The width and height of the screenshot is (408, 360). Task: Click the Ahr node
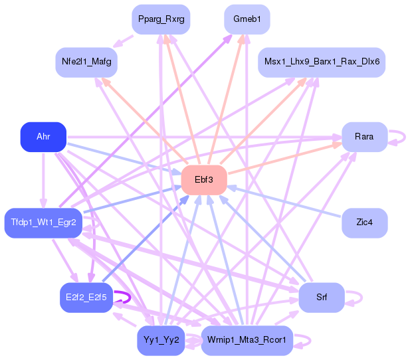(x=43, y=137)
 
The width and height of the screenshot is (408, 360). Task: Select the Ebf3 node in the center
(x=204, y=180)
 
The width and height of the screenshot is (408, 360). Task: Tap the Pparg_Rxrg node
(x=161, y=19)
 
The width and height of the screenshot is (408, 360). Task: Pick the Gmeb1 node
(x=247, y=19)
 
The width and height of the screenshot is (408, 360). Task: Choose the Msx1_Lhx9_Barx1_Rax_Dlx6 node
(x=322, y=62)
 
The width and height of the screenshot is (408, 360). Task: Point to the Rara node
(x=364, y=137)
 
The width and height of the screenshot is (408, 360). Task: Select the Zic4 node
(x=364, y=223)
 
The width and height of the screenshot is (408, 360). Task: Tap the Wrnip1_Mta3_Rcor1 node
(x=247, y=341)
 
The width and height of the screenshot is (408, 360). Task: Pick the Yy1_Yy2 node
(x=161, y=341)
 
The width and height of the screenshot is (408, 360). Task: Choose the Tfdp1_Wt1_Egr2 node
(x=44, y=223)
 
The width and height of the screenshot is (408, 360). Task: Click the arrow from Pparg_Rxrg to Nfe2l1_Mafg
(x=122, y=40)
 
